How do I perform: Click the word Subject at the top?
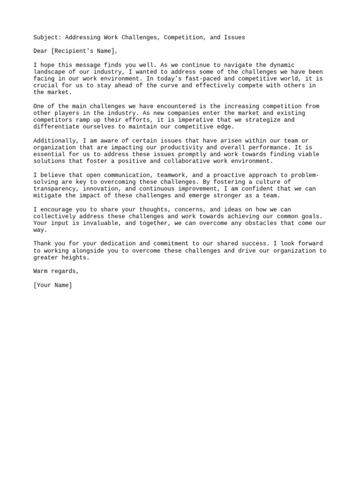[x=47, y=37]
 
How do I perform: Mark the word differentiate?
[x=59, y=127]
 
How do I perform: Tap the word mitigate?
[x=49, y=195]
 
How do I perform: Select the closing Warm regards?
[x=55, y=271]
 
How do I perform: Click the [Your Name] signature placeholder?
[x=53, y=285]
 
